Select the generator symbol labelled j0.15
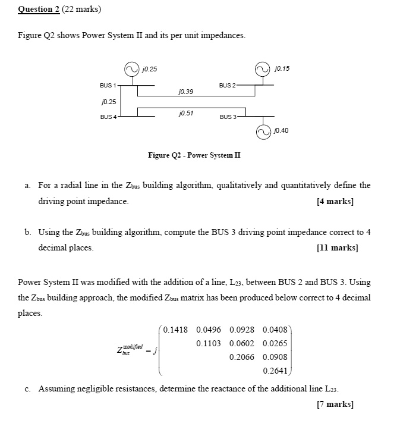point(262,68)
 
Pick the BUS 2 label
point(228,86)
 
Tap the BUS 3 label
point(229,117)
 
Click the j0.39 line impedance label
point(185,92)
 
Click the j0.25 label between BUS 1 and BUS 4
point(107,102)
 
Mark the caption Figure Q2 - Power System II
point(194,155)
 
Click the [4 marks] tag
point(335,201)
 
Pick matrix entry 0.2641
point(275,371)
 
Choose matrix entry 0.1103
point(208,343)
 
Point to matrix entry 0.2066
point(241,357)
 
